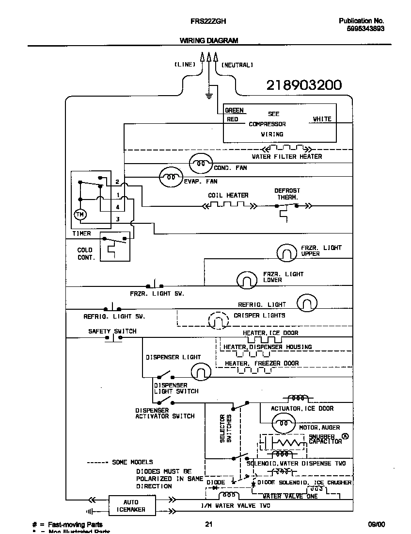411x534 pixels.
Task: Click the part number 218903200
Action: coord(304,85)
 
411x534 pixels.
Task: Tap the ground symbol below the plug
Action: coord(209,95)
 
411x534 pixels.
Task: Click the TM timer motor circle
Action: coord(79,214)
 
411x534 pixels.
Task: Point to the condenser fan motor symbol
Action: coord(200,164)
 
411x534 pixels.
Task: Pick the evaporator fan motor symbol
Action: coord(171,177)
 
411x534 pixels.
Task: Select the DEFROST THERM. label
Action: coord(287,194)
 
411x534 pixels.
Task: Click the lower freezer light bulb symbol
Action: coord(247,280)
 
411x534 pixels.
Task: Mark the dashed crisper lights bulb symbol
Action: coord(218,320)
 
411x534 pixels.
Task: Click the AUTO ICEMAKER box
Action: coord(131,506)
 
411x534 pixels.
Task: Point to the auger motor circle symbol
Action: coord(282,423)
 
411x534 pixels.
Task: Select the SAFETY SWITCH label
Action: coord(112,331)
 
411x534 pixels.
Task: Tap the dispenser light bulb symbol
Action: coord(201,372)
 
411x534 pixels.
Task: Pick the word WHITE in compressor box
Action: coord(322,119)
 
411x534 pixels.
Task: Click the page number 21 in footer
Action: coord(208,524)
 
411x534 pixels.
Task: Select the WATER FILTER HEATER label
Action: coord(286,156)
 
